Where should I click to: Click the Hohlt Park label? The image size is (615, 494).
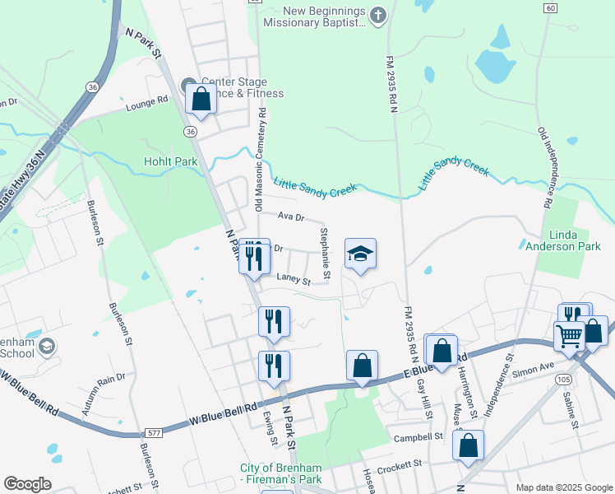point(170,162)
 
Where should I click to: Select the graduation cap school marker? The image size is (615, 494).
point(359,252)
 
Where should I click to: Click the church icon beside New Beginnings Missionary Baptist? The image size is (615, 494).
point(377,16)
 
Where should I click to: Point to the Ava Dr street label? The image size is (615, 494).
point(291,217)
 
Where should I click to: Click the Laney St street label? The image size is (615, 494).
point(294,281)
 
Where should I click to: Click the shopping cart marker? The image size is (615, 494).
point(569,335)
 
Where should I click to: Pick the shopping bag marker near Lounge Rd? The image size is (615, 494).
point(201,100)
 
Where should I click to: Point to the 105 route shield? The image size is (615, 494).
point(585,379)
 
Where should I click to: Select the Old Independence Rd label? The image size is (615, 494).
point(546,165)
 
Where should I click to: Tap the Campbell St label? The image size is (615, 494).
point(418,437)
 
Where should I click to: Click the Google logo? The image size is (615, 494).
point(28,485)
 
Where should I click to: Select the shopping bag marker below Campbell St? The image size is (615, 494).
point(468,445)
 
